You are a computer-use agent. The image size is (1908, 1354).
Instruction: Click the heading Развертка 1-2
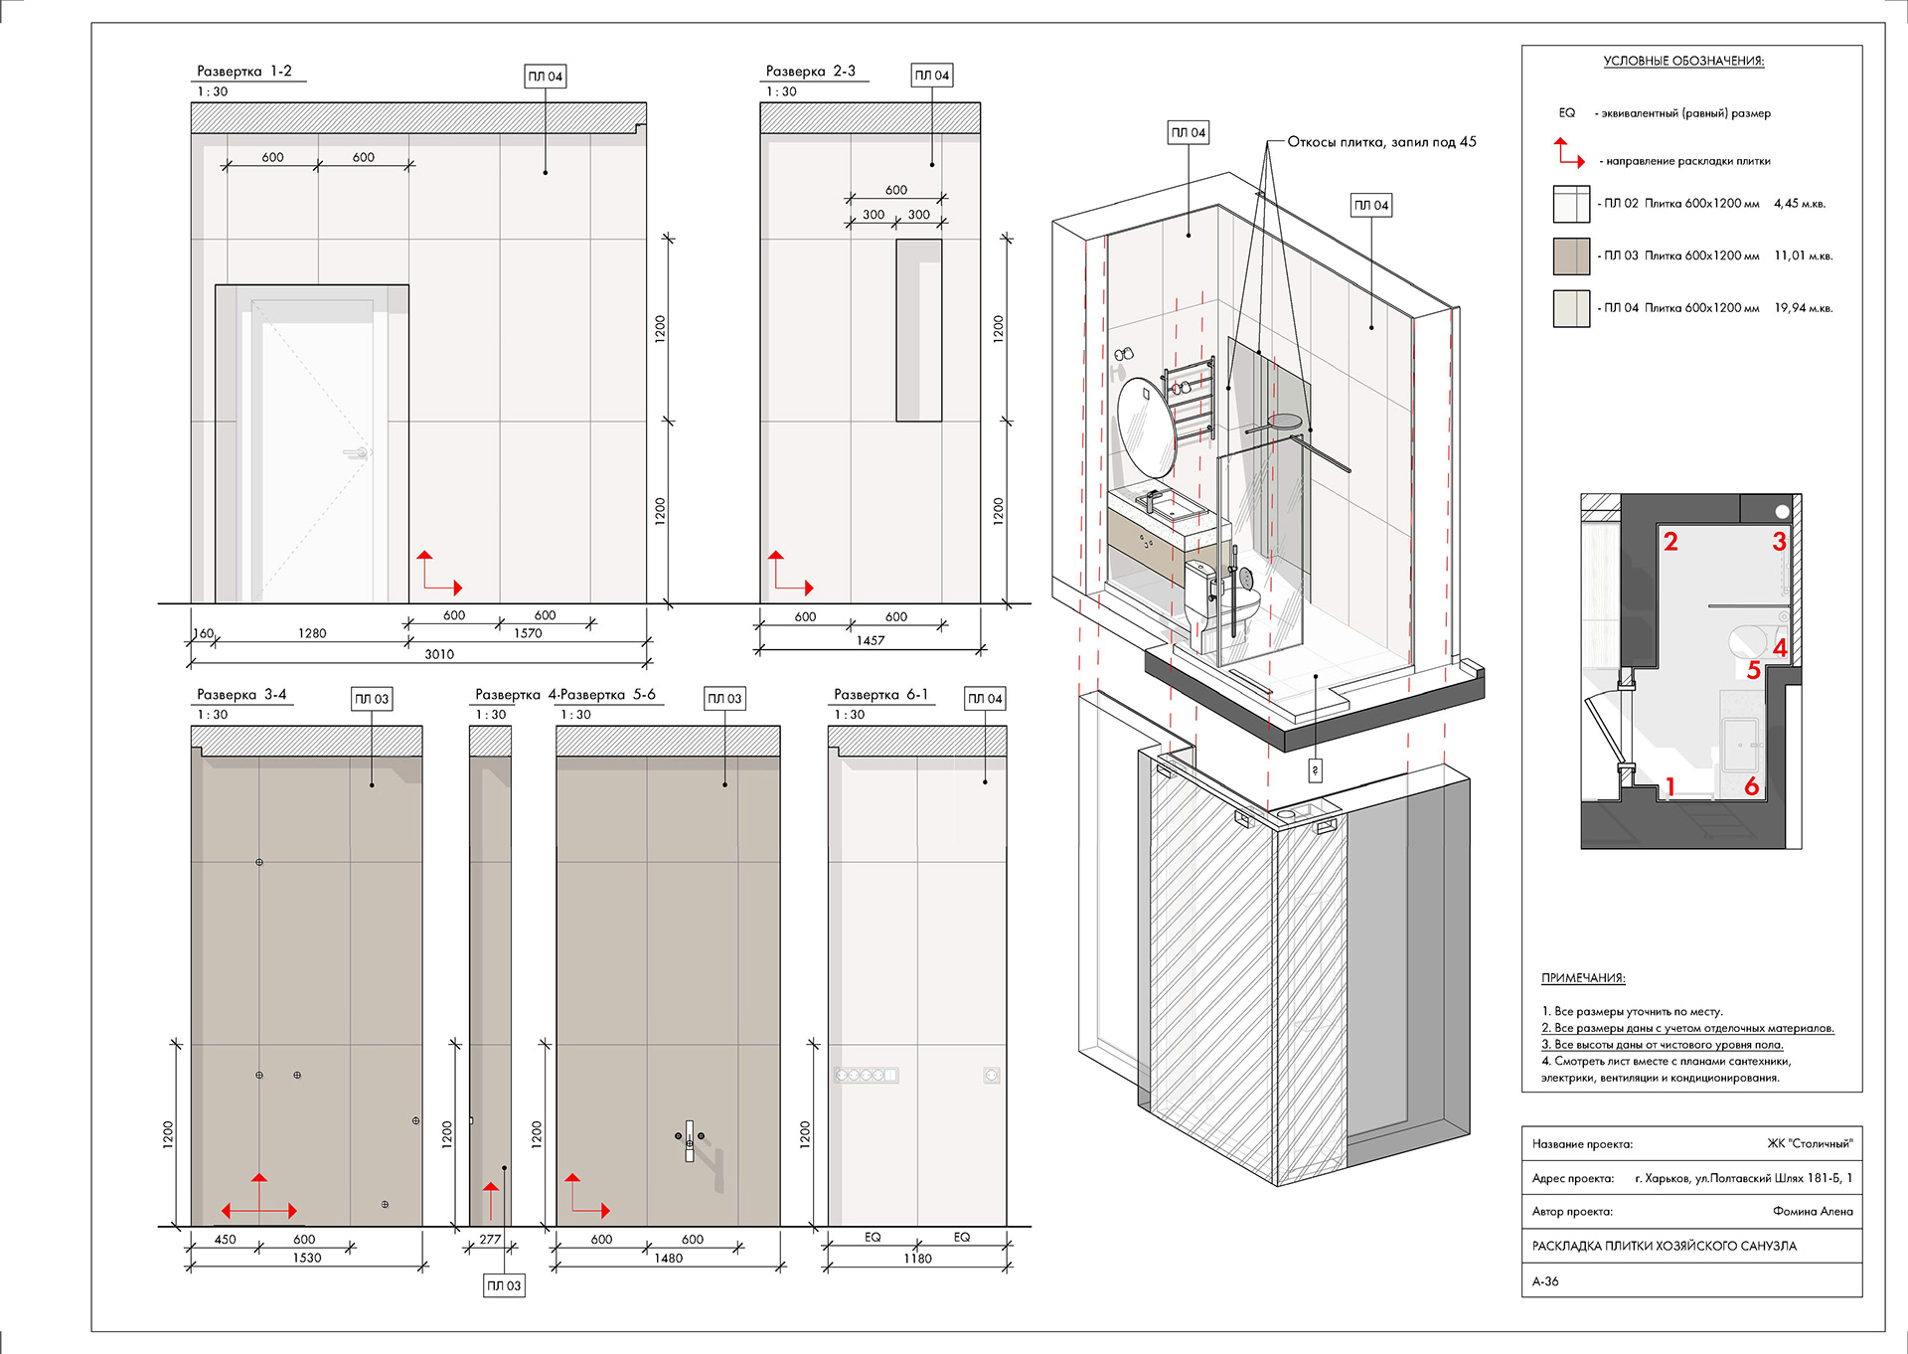244,72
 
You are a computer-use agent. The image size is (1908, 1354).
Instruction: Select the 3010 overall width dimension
439,654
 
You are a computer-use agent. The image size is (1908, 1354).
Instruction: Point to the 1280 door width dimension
312,633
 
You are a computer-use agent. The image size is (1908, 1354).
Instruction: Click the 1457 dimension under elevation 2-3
871,640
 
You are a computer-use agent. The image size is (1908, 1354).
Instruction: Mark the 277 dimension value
490,1240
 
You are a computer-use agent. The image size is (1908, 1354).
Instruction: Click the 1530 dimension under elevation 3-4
307,1258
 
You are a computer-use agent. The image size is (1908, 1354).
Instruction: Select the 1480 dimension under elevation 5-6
669,1258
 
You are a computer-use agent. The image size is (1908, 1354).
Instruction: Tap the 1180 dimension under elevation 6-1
918,1258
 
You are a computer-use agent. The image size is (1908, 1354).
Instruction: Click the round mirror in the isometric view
1147,427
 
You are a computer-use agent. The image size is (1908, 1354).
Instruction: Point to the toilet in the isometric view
1220,601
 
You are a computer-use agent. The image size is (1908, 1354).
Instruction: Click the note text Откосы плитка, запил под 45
1382,142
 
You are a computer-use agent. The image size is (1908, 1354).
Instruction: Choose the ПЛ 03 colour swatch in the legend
1572,255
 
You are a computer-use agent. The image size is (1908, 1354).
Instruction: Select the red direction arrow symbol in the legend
1570,152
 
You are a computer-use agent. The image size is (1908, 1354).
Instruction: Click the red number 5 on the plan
1754,671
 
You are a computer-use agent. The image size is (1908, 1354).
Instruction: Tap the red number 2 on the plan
1670,542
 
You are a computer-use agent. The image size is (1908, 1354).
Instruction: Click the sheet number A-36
1545,1281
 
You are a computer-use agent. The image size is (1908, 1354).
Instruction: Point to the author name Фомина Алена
1813,1211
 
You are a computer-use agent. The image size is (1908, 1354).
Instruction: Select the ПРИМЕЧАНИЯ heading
1583,978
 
